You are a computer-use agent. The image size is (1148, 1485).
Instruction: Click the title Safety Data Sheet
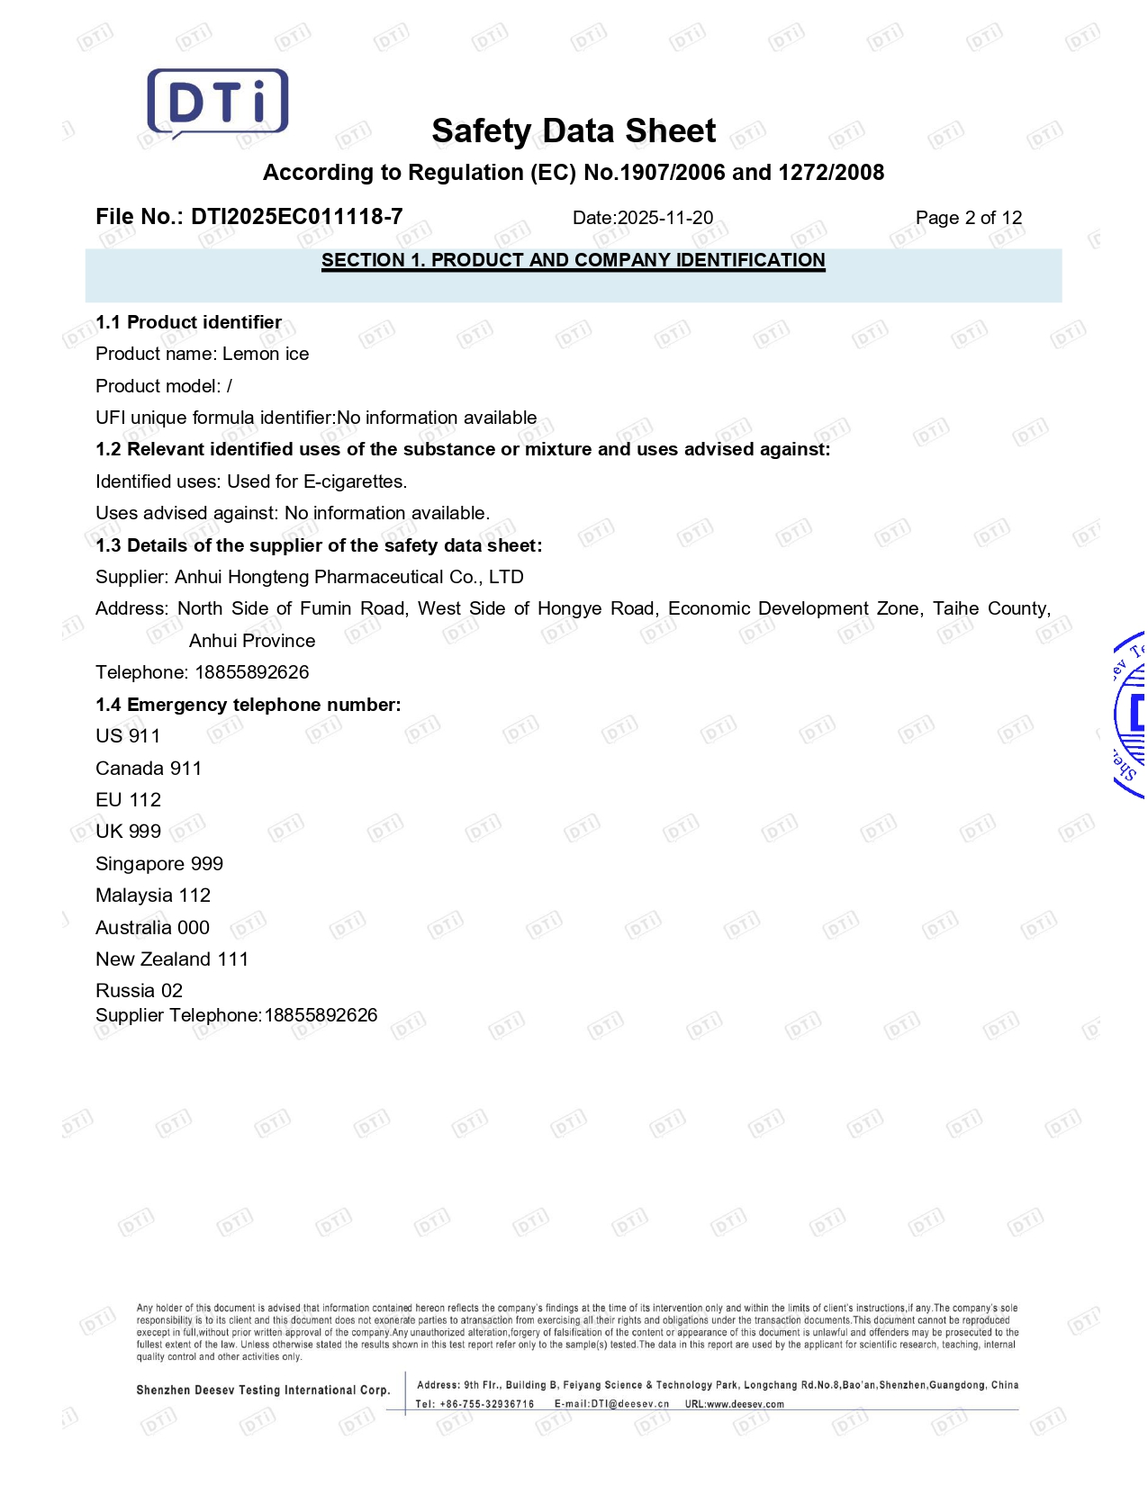click(x=574, y=131)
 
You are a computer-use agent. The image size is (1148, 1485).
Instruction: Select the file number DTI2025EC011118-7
click(x=296, y=217)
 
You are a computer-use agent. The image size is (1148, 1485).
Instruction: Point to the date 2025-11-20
click(x=664, y=218)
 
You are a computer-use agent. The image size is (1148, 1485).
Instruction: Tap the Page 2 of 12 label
click(x=968, y=218)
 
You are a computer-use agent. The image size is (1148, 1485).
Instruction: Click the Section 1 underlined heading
click(x=573, y=260)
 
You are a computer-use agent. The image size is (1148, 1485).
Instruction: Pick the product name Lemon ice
click(x=266, y=354)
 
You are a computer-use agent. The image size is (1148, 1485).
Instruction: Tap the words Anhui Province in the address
click(x=252, y=641)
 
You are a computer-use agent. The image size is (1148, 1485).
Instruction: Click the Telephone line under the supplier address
click(x=203, y=672)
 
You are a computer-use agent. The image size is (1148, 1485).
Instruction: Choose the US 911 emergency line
click(x=128, y=736)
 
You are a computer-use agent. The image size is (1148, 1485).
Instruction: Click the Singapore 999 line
click(x=159, y=864)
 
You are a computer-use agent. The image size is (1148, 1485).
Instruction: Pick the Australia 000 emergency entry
click(x=152, y=928)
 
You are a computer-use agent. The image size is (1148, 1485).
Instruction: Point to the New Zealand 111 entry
click(x=172, y=959)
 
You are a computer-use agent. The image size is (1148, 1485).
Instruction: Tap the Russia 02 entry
click(x=139, y=991)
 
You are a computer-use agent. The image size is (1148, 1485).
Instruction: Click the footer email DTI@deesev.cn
click(x=611, y=1404)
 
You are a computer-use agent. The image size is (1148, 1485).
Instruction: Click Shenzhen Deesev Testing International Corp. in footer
click(x=263, y=1390)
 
